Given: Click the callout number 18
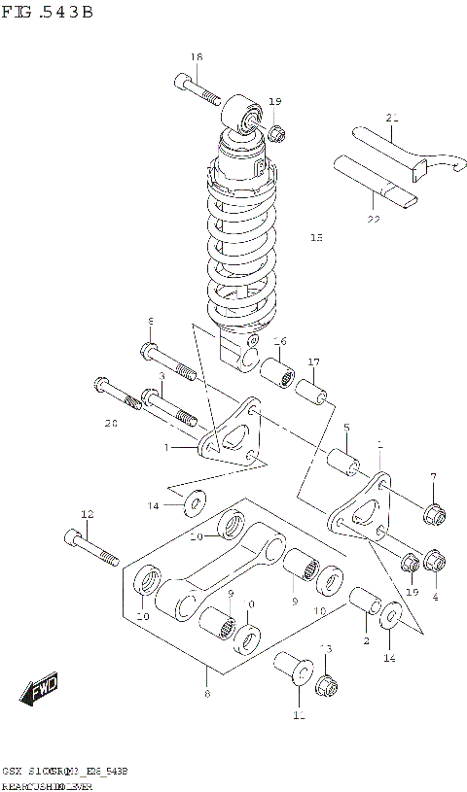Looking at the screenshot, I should [197, 57].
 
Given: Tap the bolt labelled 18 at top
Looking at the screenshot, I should [200, 89].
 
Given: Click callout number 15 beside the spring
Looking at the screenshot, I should [315, 237].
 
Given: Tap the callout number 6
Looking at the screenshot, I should [151, 322].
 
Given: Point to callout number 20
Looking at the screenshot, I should [110, 423].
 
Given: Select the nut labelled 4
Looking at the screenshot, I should [435, 563].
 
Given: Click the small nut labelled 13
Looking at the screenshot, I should [328, 685].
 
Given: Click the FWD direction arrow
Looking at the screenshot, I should [40, 691].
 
